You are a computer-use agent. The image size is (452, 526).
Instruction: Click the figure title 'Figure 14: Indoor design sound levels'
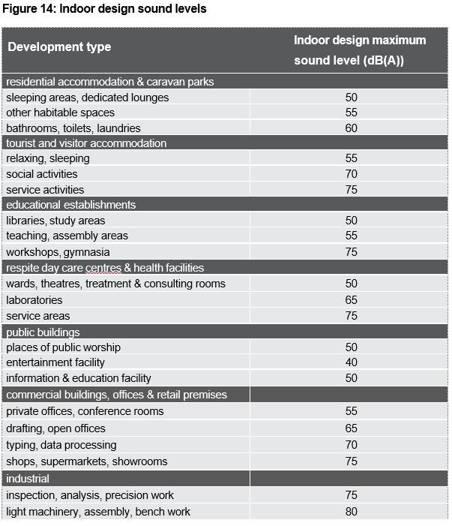[x=104, y=8]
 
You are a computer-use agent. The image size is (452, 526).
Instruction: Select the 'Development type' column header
[x=59, y=47]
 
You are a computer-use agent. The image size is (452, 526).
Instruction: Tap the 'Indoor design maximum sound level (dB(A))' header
[x=360, y=50]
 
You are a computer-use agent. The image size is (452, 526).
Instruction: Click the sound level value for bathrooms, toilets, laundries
[x=351, y=128]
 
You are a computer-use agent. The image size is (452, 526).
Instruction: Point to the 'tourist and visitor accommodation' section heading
[x=86, y=143]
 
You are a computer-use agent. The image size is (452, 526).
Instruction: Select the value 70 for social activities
[x=351, y=174]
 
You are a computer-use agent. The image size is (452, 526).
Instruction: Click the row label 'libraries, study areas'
[x=55, y=221]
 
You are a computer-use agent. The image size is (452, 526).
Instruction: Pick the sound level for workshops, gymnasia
[x=351, y=252]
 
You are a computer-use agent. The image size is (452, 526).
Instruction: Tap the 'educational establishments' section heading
[x=71, y=205]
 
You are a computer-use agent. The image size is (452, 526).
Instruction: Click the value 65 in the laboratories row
[x=351, y=300]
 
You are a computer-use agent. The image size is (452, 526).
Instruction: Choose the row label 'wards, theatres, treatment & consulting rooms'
[x=116, y=284]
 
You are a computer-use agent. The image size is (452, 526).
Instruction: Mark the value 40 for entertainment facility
[x=351, y=362]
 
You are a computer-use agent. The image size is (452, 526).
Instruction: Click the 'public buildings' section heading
[x=43, y=332]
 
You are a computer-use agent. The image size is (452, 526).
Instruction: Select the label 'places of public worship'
[x=63, y=347]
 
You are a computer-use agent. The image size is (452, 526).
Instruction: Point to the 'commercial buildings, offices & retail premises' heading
[x=117, y=395]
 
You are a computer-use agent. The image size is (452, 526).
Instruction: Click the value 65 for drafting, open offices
[x=351, y=428]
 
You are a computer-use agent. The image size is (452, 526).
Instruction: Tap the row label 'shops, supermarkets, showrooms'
[x=87, y=461]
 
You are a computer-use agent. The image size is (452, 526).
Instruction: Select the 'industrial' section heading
[x=28, y=479]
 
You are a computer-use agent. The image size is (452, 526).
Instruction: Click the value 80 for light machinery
[x=351, y=512]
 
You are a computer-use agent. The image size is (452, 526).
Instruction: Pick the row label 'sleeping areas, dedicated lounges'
[x=88, y=98]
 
